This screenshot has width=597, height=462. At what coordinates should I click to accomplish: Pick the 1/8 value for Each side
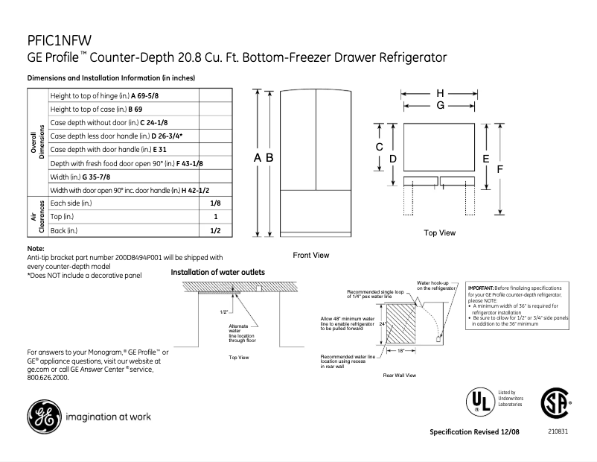pos(215,203)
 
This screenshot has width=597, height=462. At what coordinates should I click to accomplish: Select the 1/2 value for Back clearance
pos(215,231)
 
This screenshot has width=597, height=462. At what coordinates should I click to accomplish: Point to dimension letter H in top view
pos(440,92)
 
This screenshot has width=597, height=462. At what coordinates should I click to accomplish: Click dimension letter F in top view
pos(500,169)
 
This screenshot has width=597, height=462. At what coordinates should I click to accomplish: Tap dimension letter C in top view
pos(379,148)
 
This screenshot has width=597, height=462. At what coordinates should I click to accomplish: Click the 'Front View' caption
pos(310,255)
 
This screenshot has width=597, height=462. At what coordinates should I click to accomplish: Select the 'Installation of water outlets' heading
pos(217,273)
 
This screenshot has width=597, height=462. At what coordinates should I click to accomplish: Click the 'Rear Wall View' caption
pos(399,375)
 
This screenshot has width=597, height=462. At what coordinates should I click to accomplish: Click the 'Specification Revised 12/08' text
pos(476,432)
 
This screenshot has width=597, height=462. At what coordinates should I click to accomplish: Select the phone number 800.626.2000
pos(47,378)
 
